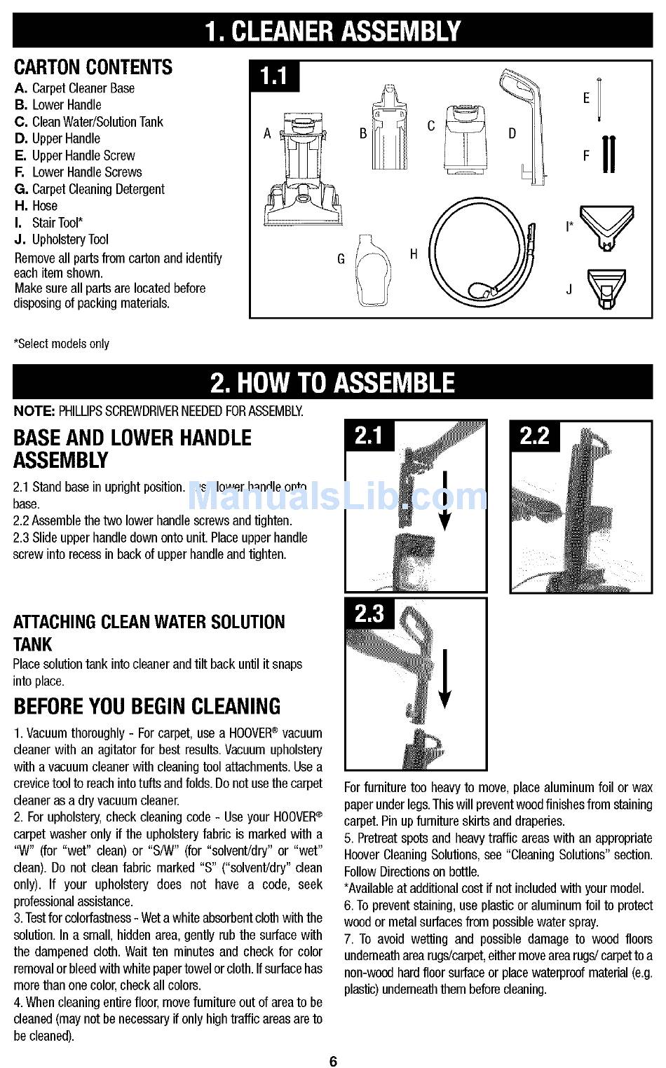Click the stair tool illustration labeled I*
point(606,225)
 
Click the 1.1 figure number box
point(276,76)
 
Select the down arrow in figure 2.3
point(445,679)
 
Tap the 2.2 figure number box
point(534,436)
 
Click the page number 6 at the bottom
point(333,1061)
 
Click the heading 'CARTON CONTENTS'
point(93,67)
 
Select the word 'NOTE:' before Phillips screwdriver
point(34,411)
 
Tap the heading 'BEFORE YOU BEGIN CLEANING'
point(147,706)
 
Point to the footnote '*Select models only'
point(62,344)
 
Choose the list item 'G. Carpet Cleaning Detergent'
point(89,189)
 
